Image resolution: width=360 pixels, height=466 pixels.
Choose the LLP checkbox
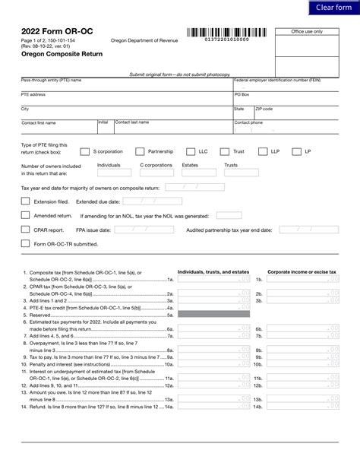click(261, 151)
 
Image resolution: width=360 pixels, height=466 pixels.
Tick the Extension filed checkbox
click(25, 201)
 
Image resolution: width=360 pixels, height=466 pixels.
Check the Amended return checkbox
click(25, 215)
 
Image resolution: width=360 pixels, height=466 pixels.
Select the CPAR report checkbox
click(25, 228)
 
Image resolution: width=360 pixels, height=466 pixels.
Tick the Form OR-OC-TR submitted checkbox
click(25, 244)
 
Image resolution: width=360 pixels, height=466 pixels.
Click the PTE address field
click(125, 99)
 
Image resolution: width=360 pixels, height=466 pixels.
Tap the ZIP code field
click(296, 113)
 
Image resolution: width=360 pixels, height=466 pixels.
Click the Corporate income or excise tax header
click(301, 271)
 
